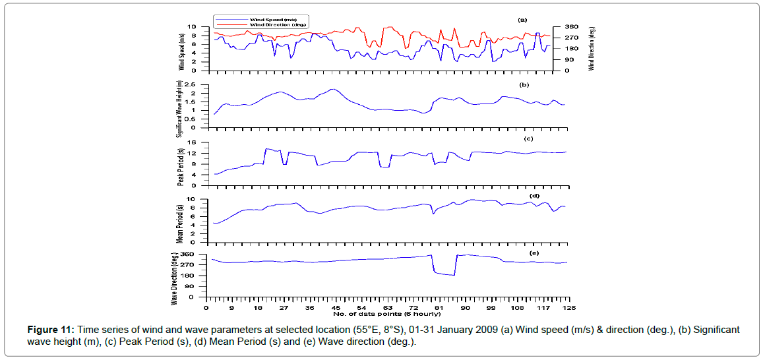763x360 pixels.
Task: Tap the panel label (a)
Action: pyautogui.click(x=523, y=20)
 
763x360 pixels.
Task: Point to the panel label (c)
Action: pyautogui.click(x=528, y=138)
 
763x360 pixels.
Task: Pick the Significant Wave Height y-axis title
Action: pyautogui.click(x=179, y=107)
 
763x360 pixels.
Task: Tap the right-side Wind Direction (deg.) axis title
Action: pyautogui.click(x=592, y=48)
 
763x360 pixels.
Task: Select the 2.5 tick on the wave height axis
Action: pyautogui.click(x=193, y=84)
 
